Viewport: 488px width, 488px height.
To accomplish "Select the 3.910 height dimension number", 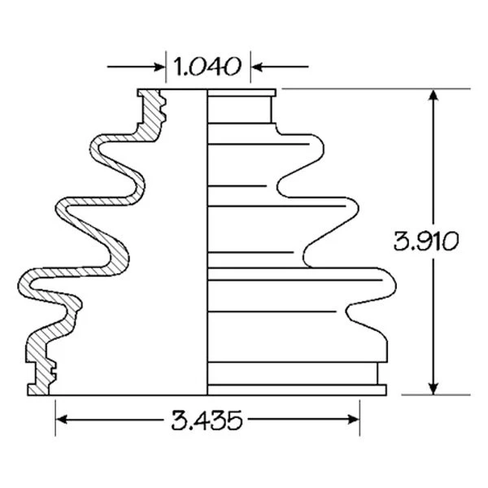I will pyautogui.click(x=426, y=242).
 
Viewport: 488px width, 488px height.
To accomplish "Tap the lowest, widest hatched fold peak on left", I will pyautogui.click(x=26, y=285).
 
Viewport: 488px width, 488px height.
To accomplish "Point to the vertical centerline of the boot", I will pyautogui.click(x=204, y=244).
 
